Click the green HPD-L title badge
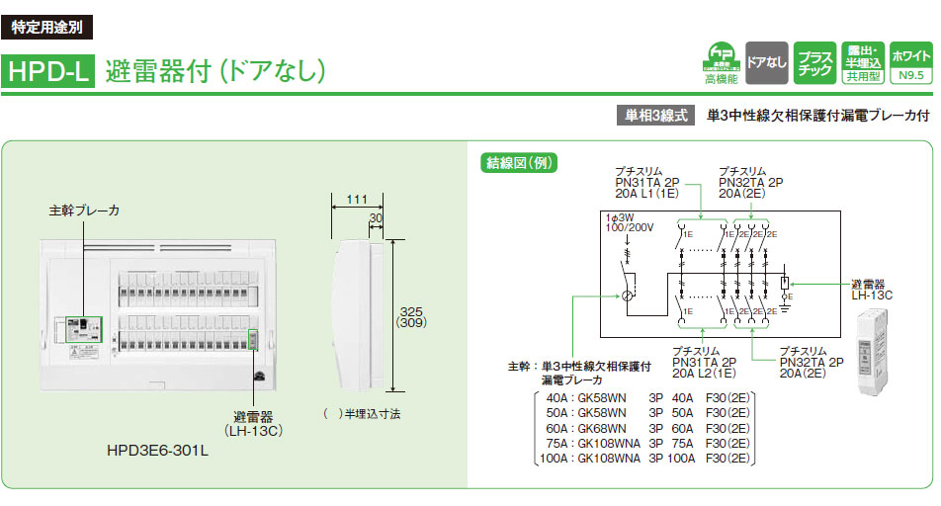[x=48, y=71]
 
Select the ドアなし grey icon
[x=766, y=62]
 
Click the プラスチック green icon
[x=813, y=62]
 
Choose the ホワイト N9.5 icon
[x=910, y=62]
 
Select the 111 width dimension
[x=357, y=201]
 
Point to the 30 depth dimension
[x=376, y=218]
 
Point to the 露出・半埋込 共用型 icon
[x=862, y=62]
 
